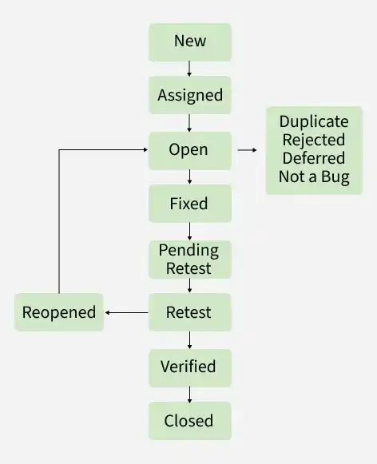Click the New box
tap(189, 42)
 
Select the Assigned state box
tap(189, 96)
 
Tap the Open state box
tap(189, 150)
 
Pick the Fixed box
tap(189, 204)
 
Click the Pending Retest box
tap(189, 259)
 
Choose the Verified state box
tap(189, 367)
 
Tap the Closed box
tap(189, 421)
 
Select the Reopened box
tap(59, 312)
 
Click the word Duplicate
tap(314, 122)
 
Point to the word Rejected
tap(314, 141)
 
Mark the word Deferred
tap(314, 158)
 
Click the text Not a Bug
tap(314, 176)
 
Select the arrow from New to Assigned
tap(189, 69)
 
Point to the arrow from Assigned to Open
tap(189, 123)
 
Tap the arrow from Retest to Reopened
tap(126, 312)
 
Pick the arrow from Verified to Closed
tap(189, 394)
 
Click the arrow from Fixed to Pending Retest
tap(189, 231)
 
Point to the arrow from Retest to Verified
tap(189, 339)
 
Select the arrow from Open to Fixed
tap(189, 176)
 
